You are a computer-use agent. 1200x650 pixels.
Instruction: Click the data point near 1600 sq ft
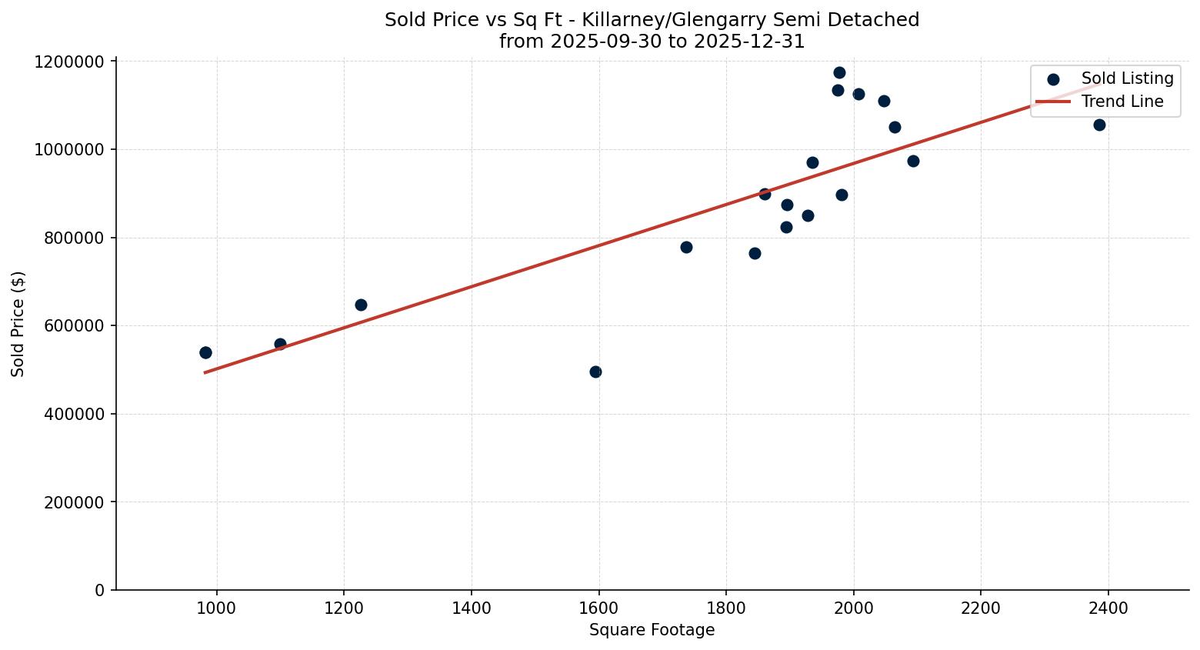tap(595, 372)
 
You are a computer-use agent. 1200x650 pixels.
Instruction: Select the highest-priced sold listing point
tap(839, 73)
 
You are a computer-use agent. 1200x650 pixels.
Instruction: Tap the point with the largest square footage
tap(1099, 125)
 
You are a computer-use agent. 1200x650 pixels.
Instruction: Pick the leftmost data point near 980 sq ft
tap(205, 352)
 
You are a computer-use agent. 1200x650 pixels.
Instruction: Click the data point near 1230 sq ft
tap(361, 305)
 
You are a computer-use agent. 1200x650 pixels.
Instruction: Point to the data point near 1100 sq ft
tap(280, 344)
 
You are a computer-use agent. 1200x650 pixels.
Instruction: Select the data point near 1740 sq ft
tap(686, 247)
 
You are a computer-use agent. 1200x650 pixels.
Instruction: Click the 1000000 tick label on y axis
tap(69, 150)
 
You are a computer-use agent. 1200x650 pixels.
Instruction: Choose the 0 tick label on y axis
tap(100, 591)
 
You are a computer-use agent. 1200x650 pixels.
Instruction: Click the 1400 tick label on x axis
tap(471, 609)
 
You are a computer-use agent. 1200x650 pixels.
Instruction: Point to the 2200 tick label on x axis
tap(980, 609)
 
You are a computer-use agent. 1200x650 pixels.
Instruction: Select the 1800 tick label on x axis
tap(725, 609)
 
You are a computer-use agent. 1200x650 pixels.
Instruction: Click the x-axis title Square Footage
tap(652, 631)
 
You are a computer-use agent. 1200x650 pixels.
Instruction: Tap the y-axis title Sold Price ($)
tap(18, 324)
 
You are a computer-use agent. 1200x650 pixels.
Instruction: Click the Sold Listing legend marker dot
tap(1053, 79)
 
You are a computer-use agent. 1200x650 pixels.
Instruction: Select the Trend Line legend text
tap(1122, 102)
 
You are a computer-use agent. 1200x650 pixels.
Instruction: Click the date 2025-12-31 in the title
tap(749, 42)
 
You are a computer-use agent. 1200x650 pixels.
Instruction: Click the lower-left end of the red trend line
tap(205, 372)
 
